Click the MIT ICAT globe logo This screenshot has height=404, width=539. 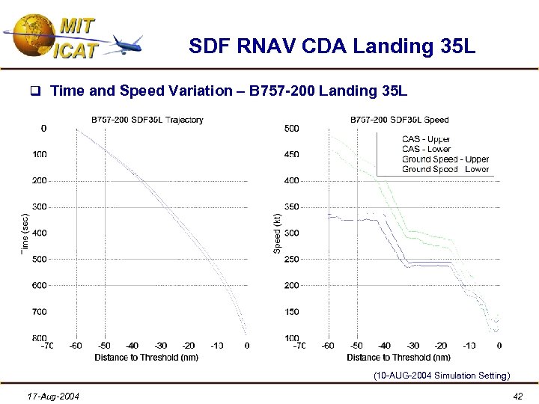30,36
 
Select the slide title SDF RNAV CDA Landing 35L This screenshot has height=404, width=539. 332,47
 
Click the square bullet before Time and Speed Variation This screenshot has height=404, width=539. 34,92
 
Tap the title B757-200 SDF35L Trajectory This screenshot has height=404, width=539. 147,120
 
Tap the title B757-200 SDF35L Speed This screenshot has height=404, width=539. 400,120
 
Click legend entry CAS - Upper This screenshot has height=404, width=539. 426,139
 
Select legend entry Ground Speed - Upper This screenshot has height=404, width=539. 445,159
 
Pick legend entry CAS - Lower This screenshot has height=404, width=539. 426,149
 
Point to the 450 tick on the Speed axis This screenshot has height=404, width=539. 291,154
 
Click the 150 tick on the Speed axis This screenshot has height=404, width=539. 291,311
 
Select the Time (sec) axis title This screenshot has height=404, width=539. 25,233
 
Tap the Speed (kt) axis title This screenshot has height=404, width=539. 277,233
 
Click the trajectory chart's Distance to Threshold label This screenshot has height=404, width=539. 147,358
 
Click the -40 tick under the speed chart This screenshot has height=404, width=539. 384,346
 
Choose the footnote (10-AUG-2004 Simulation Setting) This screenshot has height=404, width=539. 442,376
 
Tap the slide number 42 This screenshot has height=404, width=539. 518,395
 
